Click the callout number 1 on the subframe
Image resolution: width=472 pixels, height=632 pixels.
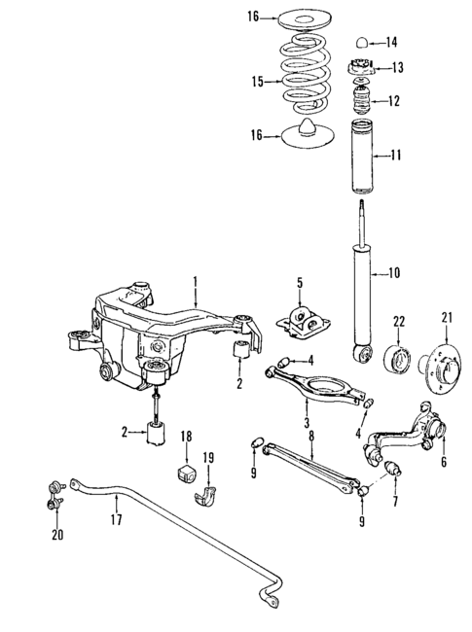point(195,283)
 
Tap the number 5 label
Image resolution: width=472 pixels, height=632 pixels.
point(300,284)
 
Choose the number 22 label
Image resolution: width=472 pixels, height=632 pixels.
point(398,320)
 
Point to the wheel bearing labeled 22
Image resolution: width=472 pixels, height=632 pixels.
point(398,356)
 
